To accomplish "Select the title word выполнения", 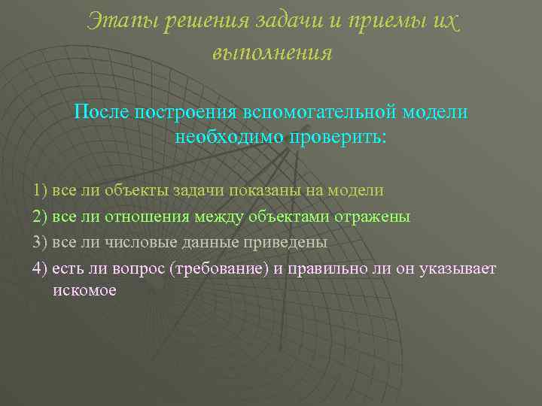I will click(272, 53).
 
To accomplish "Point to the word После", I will click(102, 112).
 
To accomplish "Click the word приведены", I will click(289, 244).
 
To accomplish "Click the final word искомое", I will click(84, 290).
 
